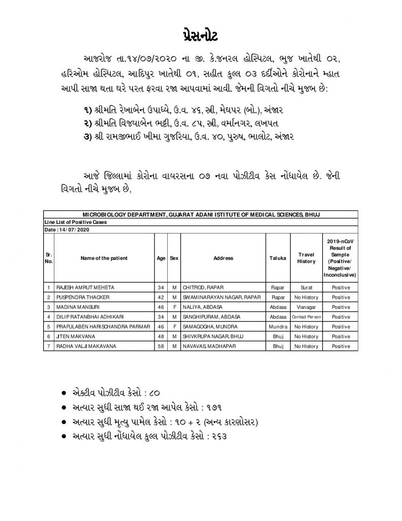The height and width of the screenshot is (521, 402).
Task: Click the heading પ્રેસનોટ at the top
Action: coord(201,38)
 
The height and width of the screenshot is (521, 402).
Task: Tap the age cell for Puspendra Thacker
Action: coord(161,298)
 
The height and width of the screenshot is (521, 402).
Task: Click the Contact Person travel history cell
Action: coord(306,317)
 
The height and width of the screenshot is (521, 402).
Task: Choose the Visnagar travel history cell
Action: coord(306,307)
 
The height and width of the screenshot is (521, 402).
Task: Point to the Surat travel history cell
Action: coord(306,288)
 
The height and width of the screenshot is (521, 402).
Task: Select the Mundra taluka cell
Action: coord(277,327)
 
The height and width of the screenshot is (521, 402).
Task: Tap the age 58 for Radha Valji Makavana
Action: coord(161,346)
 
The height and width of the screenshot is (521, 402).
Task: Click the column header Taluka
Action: coord(277,258)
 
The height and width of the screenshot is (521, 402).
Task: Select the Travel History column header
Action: coord(306,258)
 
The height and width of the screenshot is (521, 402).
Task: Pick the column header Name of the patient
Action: coord(104,258)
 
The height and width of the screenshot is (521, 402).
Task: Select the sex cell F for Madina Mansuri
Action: coord(174,307)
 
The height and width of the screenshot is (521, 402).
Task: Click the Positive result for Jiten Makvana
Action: coord(341,336)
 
